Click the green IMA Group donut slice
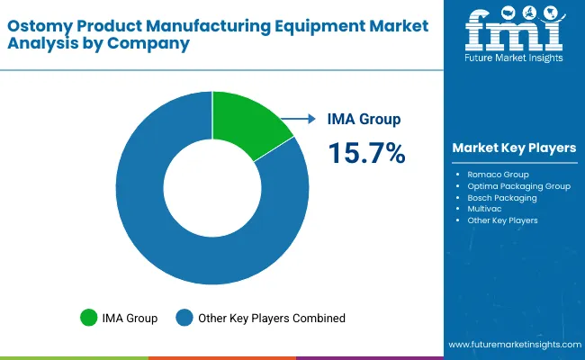(248, 121)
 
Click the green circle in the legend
(89, 317)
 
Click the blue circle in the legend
(185, 317)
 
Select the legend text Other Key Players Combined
(273, 318)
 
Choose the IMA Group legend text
(131, 318)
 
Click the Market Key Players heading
(516, 148)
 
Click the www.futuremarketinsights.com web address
(510, 345)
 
